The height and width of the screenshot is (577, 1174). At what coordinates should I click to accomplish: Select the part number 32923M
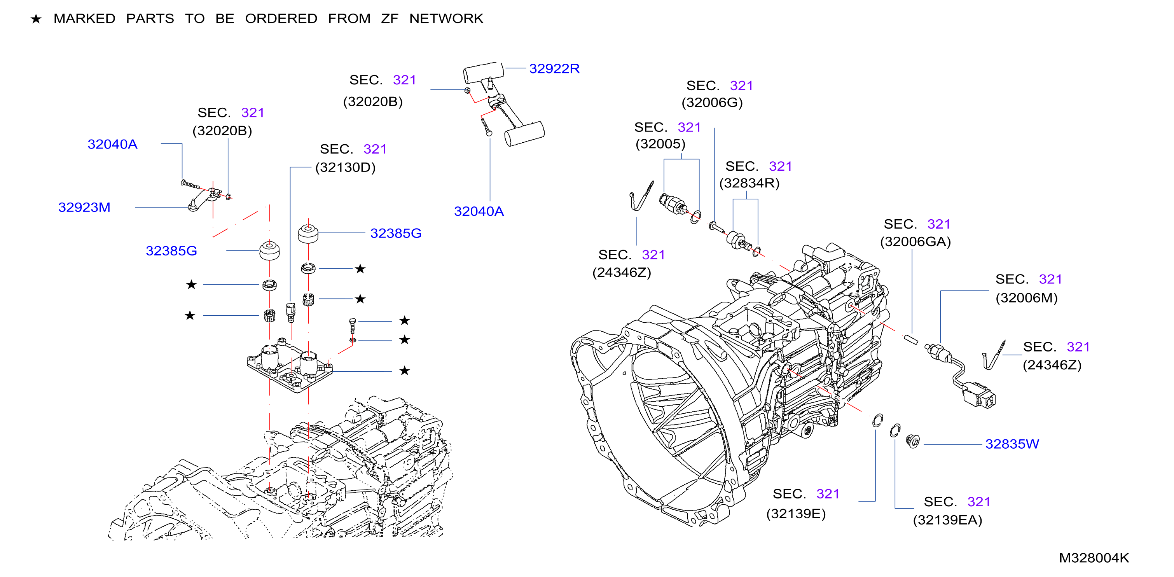point(84,207)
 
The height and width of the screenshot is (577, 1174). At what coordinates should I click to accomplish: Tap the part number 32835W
point(1012,444)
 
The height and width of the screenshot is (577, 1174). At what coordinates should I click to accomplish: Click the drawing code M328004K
point(1094,558)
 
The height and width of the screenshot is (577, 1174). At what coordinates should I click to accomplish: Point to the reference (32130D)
point(346,167)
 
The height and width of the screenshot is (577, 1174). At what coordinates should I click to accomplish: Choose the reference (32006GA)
point(915,241)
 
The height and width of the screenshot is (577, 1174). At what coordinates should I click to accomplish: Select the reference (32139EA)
point(947,520)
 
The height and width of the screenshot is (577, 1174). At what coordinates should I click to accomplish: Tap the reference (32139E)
point(796,514)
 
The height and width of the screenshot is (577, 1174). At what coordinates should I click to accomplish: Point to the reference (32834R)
point(749,183)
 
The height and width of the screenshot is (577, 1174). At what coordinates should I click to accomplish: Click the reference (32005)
point(660,144)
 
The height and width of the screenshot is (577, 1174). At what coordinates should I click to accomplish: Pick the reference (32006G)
point(712,103)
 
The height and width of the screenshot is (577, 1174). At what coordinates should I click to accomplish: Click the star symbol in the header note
point(36,19)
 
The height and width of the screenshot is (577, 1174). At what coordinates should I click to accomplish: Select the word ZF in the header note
point(390,19)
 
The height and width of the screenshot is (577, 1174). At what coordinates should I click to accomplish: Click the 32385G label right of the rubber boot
point(396,233)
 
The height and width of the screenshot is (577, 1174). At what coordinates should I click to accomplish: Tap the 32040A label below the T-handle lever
point(479,212)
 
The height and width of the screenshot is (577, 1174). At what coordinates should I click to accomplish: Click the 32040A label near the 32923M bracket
point(112,145)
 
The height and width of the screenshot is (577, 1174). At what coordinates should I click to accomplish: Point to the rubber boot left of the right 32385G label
point(308,233)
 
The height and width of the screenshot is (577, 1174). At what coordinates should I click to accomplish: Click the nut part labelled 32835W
point(913,441)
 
